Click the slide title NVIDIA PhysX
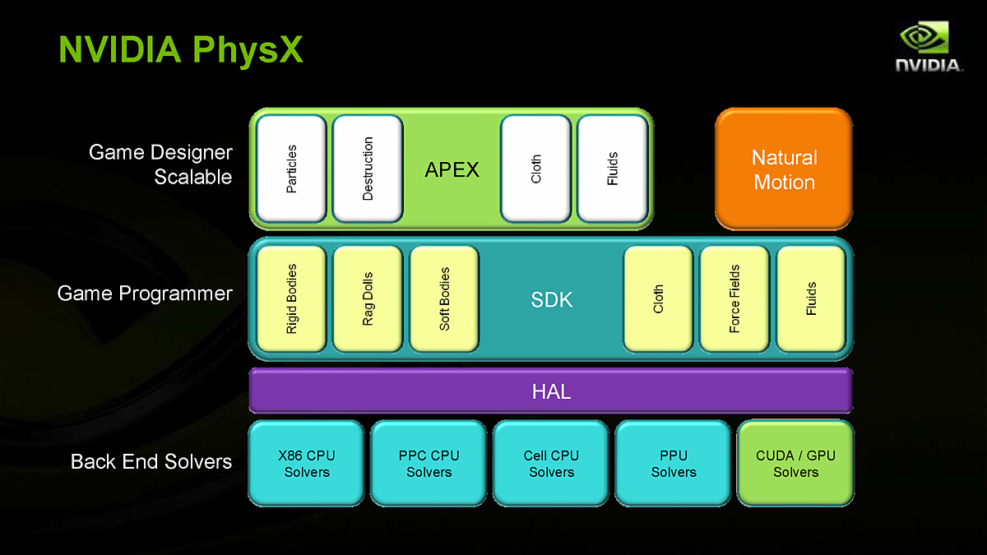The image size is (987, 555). pos(181,49)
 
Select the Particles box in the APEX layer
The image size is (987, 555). pos(291,169)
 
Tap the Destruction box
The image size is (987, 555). pos(368,169)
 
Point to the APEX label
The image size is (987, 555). pos(452,169)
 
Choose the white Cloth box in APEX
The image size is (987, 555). pos(535,169)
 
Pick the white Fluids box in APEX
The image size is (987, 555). pos(612,169)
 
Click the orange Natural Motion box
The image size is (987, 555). pos(784,169)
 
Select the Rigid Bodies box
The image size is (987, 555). pos(292,298)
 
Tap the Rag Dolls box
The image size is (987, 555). pos(368,298)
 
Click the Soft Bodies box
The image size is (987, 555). pos(444,298)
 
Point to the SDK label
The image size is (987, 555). pos(551,300)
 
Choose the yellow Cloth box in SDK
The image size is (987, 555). pos(658,298)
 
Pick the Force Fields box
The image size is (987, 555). pos(734,298)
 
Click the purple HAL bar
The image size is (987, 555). pos(551,391)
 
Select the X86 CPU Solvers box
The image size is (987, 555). pos(306,464)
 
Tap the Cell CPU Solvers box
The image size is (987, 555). pos(551,464)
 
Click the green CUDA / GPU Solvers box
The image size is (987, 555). pos(795,464)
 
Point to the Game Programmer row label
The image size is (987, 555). pos(145,294)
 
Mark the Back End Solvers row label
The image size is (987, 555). pos(151,461)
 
